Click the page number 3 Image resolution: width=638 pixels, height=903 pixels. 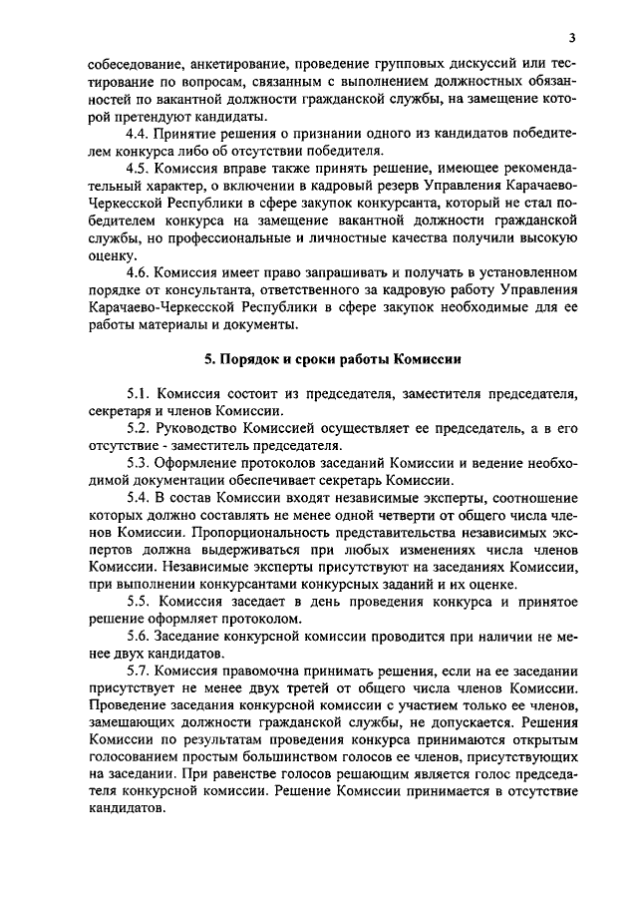tap(572, 39)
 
